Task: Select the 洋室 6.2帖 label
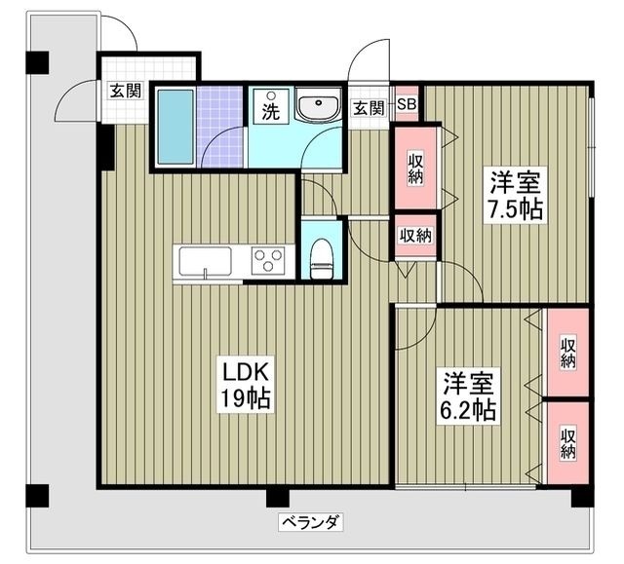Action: pyautogui.click(x=470, y=395)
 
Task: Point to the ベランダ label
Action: pyautogui.click(x=310, y=523)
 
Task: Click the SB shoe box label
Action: pyautogui.click(x=408, y=106)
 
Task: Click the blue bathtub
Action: pyautogui.click(x=176, y=128)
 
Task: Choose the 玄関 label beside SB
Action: pyautogui.click(x=368, y=107)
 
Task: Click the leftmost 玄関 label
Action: pyautogui.click(x=125, y=92)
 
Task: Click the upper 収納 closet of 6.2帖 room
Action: pyautogui.click(x=567, y=352)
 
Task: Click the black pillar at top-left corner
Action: pyautogui.click(x=36, y=60)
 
